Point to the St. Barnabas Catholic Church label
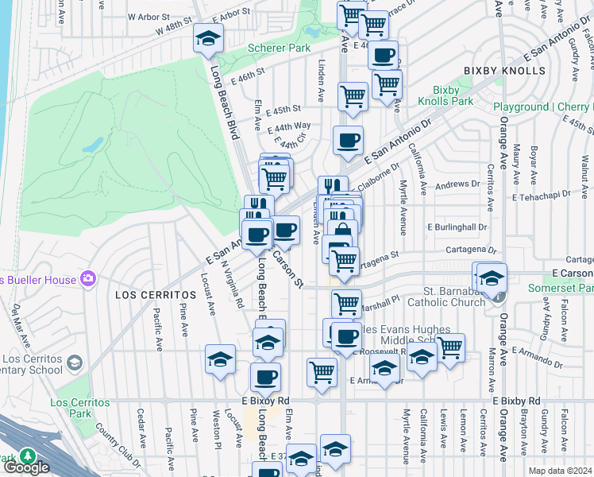click(446, 296)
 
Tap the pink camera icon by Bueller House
click(87, 280)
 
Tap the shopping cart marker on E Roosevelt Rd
click(450, 347)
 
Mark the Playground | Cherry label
click(542, 107)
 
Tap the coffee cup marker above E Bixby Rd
click(266, 377)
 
